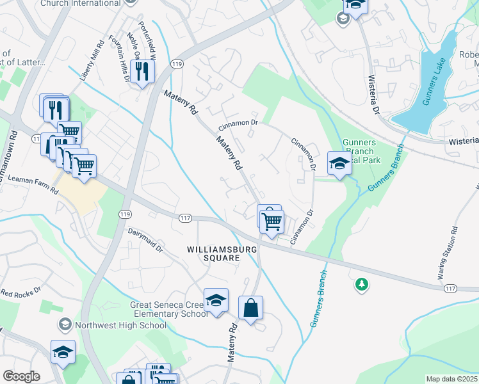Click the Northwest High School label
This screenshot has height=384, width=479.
(x=120, y=325)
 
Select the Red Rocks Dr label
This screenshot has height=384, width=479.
(x=20, y=292)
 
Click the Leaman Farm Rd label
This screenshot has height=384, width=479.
(x=26, y=184)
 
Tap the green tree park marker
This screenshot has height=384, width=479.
(x=362, y=284)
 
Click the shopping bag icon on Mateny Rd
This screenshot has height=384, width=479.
(x=250, y=308)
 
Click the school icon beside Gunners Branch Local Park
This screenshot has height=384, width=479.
(x=339, y=163)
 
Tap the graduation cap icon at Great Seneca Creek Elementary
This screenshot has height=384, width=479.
(x=216, y=300)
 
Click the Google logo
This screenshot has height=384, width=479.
(x=20, y=376)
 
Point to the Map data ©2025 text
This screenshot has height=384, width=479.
(x=451, y=379)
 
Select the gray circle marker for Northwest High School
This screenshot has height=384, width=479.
(x=65, y=325)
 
